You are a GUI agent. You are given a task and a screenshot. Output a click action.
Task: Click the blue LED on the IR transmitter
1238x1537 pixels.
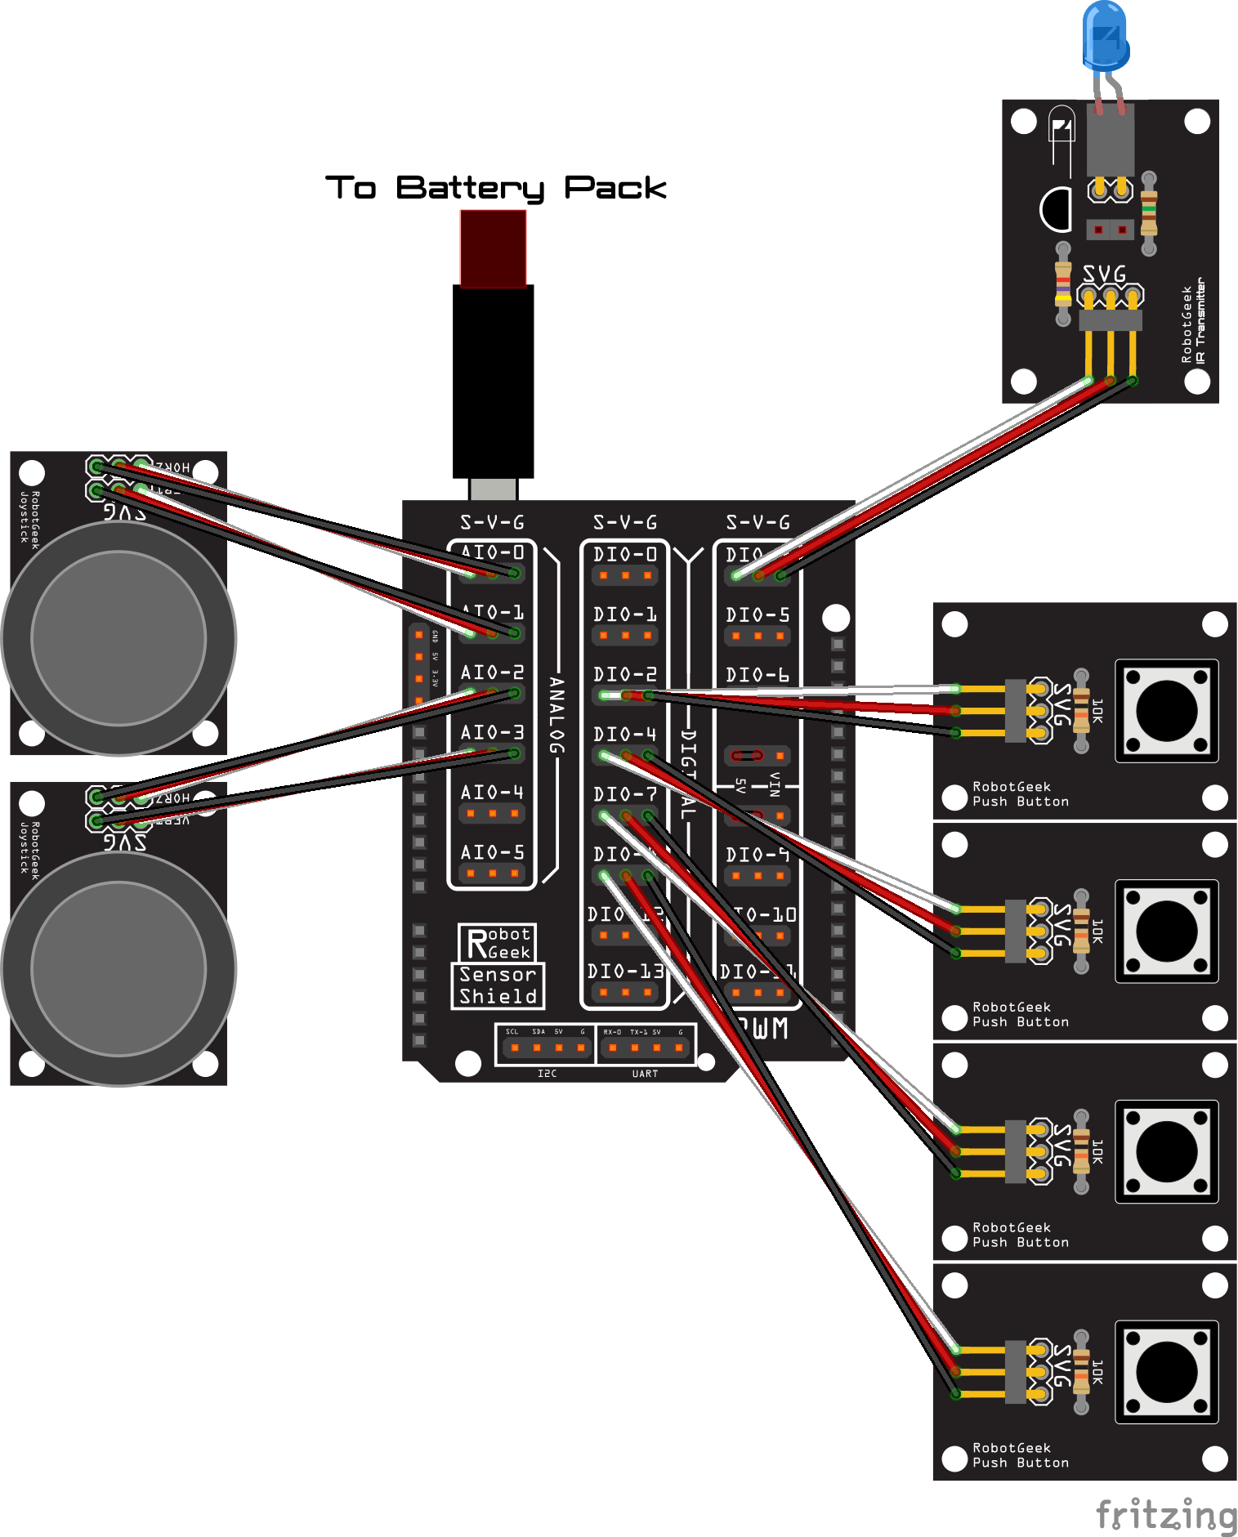1105,36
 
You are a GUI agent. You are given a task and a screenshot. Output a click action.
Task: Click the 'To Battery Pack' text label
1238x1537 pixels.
495,188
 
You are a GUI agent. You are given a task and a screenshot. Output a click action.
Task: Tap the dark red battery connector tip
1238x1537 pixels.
493,248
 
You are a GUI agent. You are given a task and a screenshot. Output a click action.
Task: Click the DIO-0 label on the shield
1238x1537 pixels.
625,555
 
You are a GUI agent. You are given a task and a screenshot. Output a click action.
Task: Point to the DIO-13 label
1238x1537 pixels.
625,972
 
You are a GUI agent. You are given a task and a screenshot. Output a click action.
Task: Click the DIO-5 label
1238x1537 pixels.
758,614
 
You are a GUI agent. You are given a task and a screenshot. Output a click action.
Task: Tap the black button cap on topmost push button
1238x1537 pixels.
1166,710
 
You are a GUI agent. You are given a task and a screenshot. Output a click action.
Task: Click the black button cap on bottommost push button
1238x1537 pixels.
1166,1371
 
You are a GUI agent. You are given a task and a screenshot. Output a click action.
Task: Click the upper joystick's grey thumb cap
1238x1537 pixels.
118,638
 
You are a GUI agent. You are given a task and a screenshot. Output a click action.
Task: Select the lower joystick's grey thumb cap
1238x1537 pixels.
118,969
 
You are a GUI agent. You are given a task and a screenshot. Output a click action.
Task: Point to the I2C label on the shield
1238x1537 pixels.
547,1074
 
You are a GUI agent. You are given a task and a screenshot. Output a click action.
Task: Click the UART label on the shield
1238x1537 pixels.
645,1074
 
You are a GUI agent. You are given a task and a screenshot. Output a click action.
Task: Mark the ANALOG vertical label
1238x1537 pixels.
556,715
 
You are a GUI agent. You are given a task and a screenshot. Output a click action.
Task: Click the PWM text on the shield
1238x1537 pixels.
763,1029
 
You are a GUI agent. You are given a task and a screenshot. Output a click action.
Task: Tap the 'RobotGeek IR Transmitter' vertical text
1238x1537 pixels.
1193,321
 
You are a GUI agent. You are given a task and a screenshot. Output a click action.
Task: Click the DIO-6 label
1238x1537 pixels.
758,675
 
